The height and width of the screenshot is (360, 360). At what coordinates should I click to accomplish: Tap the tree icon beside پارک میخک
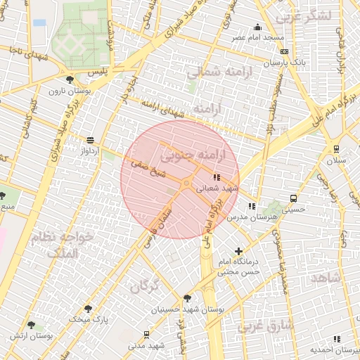pos(87,308)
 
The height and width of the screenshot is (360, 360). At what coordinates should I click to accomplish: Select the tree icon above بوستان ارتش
pos(30,325)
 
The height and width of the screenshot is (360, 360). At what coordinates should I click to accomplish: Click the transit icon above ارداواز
pos(89,140)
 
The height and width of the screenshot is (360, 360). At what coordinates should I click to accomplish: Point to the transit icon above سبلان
pos(337,148)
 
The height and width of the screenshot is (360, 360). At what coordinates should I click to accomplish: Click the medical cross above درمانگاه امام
pos(239,251)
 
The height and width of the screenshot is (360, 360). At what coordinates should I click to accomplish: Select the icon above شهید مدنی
pos(146,335)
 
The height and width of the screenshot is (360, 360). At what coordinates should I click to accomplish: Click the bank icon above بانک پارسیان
pos(283,51)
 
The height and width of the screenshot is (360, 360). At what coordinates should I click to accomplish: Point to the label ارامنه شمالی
pos(214,72)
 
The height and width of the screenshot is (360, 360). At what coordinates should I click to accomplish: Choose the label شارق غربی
pos(264,326)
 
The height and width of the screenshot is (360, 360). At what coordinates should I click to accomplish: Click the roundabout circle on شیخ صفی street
pos(186,184)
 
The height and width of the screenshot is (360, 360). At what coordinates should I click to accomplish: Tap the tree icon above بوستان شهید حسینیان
pos(186,298)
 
